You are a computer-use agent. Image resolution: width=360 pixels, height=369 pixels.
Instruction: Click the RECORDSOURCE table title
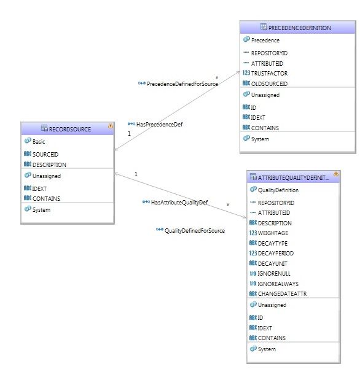point(69,129)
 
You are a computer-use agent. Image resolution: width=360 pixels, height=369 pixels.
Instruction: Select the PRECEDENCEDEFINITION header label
point(300,28)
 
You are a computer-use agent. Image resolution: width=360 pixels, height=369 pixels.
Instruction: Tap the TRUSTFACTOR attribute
point(269,74)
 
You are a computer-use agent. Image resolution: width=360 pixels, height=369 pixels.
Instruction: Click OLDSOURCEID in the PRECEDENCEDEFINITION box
point(269,84)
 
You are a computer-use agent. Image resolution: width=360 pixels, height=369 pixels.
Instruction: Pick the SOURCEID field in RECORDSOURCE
point(45,154)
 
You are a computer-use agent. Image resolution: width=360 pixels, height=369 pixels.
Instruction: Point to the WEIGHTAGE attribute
point(273,233)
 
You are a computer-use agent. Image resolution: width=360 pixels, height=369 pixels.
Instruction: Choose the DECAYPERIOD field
point(276,253)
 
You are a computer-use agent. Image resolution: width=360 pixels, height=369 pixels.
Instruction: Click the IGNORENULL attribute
point(274,273)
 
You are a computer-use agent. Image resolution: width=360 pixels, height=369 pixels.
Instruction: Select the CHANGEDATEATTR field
point(283,293)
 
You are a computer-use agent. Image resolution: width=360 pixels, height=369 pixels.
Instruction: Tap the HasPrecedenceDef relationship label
point(159,124)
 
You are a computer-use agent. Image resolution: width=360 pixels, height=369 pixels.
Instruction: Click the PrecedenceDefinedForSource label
point(182,84)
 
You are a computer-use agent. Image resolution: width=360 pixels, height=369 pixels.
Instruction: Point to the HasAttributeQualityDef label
point(179,203)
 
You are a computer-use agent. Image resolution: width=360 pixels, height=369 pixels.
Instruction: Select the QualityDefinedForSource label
point(195,231)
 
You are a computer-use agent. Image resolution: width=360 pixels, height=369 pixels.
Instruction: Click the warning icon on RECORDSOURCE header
point(111,126)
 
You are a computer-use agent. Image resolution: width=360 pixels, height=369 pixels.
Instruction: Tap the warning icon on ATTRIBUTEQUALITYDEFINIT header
point(336,174)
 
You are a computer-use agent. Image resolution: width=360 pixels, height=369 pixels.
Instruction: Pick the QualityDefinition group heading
point(278,190)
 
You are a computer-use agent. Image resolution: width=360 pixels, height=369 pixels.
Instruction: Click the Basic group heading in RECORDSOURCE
point(39,142)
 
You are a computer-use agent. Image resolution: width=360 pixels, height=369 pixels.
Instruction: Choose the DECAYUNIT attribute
point(273,263)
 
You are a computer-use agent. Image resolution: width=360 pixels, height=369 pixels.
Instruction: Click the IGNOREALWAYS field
point(278,284)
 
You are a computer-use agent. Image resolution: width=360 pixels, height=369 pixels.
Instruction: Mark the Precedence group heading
point(265,41)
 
